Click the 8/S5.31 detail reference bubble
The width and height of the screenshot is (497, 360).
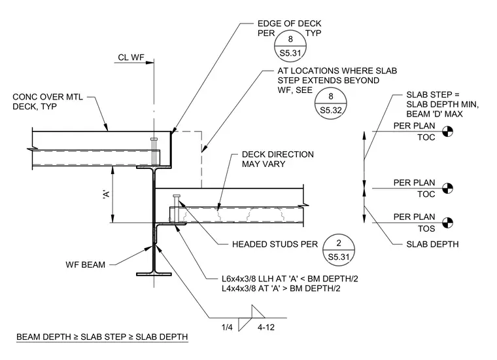click(x=290, y=46)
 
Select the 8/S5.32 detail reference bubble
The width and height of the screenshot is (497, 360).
click(x=331, y=103)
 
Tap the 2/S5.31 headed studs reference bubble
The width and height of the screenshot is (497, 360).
click(x=339, y=250)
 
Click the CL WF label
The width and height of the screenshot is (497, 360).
click(x=131, y=58)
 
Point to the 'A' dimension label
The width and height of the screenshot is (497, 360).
click(x=107, y=194)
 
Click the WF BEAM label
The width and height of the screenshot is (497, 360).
click(x=85, y=264)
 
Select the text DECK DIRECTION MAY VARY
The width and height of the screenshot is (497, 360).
click(x=278, y=159)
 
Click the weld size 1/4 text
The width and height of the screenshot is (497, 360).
click(x=227, y=327)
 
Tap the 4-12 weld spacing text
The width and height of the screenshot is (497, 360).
click(x=266, y=327)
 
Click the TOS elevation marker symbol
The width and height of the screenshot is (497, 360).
click(x=447, y=223)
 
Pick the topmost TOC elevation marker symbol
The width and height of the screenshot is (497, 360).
click(x=447, y=132)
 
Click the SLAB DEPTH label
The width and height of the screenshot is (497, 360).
click(x=432, y=244)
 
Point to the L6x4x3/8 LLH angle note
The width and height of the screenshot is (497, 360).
click(x=290, y=279)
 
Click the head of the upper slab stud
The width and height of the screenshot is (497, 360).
click(x=154, y=139)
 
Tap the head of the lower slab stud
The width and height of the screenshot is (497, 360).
click(x=177, y=196)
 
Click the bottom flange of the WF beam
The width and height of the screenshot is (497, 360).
click(x=154, y=274)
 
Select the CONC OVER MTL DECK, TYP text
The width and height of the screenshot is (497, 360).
click(x=48, y=101)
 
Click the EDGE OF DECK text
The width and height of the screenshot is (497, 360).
click(x=290, y=24)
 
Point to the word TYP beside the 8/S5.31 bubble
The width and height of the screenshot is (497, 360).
click(x=313, y=33)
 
